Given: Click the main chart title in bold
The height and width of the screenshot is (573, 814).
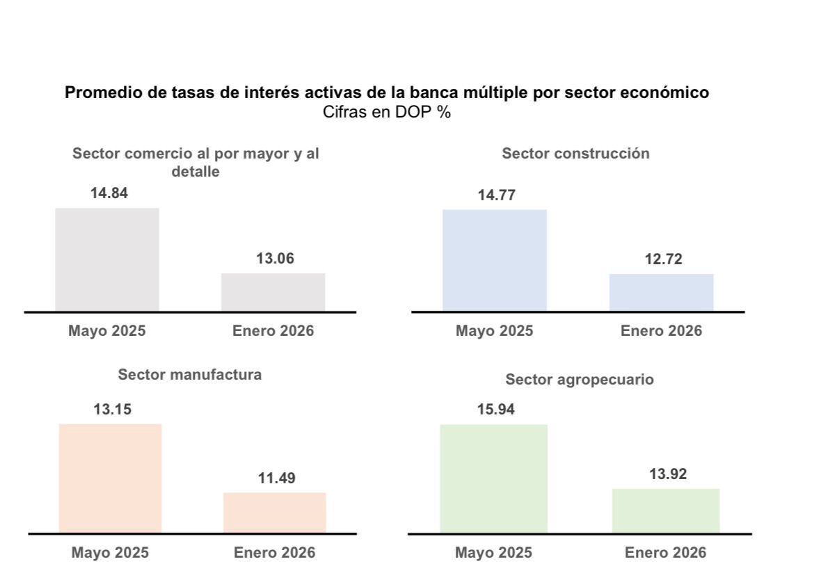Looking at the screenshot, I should coord(387,92).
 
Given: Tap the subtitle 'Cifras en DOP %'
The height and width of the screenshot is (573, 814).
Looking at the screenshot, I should coord(387,112).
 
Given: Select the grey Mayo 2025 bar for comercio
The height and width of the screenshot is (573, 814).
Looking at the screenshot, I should coord(107,259).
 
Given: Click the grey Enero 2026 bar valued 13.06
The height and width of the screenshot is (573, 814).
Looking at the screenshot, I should coord(273,292).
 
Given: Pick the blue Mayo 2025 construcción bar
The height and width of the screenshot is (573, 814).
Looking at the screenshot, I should coord(495,260).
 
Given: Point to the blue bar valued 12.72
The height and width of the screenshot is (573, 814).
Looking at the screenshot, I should coord(661,292).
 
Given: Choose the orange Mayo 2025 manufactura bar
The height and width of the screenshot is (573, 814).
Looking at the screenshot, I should coord(110,478).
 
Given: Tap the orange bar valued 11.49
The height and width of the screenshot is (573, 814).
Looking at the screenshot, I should coord(274,513).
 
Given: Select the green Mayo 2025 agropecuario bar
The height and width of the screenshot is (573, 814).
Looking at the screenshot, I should coord(493,478).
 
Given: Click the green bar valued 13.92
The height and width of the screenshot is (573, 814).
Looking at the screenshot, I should coord(665,510).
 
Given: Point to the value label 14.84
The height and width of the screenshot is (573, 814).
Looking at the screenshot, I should coord(109,193).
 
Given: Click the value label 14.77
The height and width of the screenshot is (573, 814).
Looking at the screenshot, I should coord(497,195).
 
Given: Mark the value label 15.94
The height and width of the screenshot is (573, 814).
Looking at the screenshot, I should coord(495,410).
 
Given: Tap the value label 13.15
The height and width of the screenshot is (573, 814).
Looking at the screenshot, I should coord(112,410).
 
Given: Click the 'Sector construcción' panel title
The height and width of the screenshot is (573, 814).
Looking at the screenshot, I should coord(575,154).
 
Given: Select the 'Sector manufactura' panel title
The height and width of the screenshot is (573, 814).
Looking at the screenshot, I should coord(190,375).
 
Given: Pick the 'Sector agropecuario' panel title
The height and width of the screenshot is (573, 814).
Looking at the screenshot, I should coord(579,380).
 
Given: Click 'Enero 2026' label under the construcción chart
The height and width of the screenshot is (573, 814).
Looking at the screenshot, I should coord(661,331).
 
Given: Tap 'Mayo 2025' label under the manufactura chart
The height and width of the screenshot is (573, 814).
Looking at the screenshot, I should coord(110,554).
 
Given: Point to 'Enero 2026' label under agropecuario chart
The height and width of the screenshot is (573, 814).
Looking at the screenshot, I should coord(665,554).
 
